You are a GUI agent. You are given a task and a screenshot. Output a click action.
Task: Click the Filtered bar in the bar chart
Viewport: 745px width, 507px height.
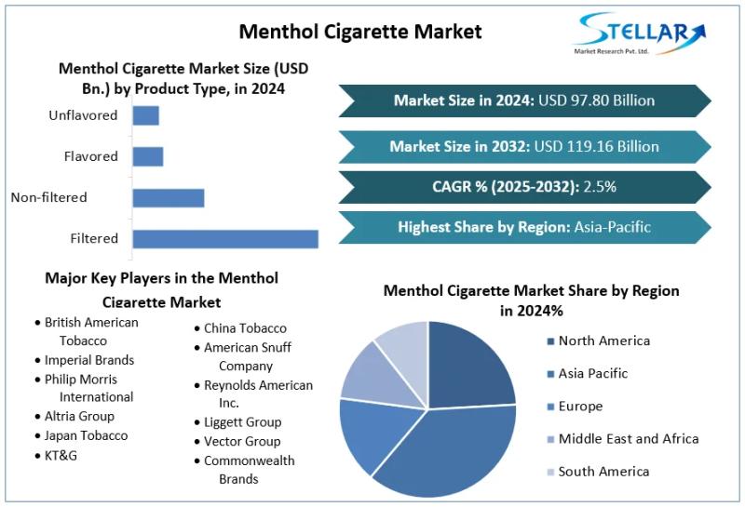coord(224,238)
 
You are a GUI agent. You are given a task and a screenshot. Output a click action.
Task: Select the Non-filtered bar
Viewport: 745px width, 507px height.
coord(168,197)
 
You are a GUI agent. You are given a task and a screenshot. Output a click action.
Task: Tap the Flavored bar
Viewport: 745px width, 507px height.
coord(147,156)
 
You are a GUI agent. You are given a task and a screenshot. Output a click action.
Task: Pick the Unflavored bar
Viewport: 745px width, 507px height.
coord(145,115)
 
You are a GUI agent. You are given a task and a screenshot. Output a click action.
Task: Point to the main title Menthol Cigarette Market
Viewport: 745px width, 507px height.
coord(360,31)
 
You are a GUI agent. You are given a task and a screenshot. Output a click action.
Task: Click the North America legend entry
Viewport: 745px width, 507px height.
coord(603,341)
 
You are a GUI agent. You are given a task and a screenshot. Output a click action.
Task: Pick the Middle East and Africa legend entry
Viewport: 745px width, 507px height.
coord(628,439)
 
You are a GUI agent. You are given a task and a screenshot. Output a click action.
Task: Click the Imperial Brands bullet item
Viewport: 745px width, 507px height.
coord(88,360)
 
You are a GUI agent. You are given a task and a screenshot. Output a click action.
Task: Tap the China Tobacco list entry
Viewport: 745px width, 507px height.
coord(245,328)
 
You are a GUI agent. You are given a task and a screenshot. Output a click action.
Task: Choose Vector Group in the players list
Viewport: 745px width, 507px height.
coord(242,442)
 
